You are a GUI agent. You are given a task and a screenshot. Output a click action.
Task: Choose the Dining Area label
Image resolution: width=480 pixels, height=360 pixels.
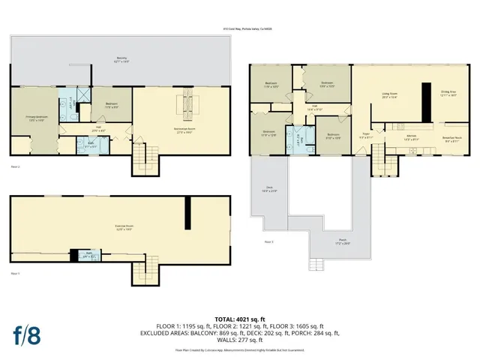[x=448, y=94]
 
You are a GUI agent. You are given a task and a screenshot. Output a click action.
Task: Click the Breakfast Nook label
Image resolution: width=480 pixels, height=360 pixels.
[x=451, y=139]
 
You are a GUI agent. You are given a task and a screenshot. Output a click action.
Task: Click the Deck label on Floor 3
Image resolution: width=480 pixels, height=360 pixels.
[x=269, y=190]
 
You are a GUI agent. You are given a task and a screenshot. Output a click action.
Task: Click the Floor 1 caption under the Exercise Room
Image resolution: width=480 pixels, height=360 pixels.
[x=15, y=274]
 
